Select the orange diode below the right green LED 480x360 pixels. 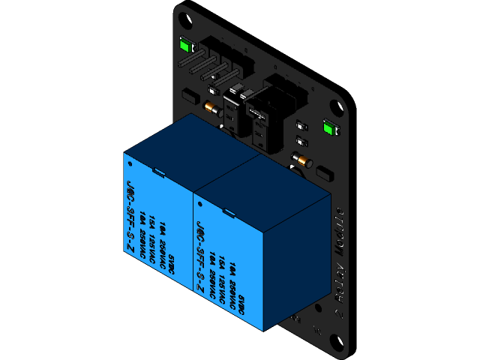302,160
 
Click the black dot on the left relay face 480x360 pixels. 130,161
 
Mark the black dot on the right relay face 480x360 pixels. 200,202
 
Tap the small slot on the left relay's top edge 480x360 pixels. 159,172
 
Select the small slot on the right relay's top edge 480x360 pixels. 229,213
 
